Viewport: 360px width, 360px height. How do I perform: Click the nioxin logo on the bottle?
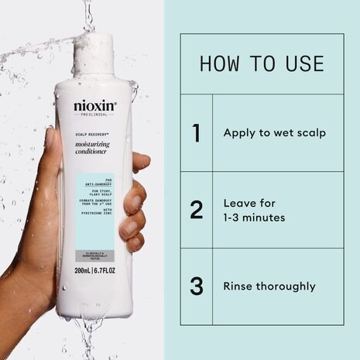click(x=95, y=106)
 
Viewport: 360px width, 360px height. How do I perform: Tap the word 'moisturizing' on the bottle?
click(x=95, y=135)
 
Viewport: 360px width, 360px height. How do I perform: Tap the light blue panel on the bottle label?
click(x=95, y=197)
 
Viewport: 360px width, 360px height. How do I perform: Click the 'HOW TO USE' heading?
click(x=261, y=63)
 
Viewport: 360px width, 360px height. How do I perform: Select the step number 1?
click(x=197, y=132)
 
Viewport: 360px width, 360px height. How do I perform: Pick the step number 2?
click(x=197, y=210)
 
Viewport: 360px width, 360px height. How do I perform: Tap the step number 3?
click(x=197, y=286)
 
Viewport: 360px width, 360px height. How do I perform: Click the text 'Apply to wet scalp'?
click(x=274, y=132)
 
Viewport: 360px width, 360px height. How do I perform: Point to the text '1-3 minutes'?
click(x=254, y=218)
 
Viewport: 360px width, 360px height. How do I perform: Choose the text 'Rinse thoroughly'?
click(x=269, y=286)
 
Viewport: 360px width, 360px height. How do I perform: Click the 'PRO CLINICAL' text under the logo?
click(x=95, y=115)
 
